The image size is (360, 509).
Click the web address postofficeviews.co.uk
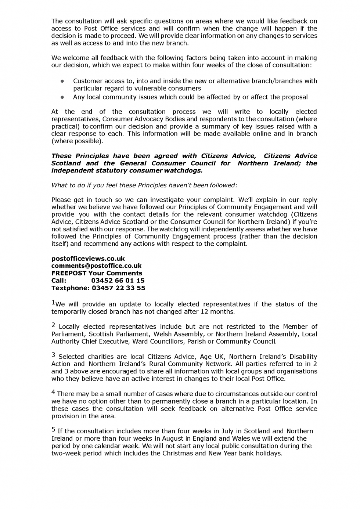pos(88,259)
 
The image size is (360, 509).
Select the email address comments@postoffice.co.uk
pos(96,266)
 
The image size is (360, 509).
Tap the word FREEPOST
pos(69,273)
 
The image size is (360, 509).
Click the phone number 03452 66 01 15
pos(118,281)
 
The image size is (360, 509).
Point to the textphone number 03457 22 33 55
pos(119,288)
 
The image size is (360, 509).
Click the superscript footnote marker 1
pos(53,303)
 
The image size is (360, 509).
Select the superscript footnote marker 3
pos(53,355)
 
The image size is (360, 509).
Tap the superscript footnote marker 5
pos(53,429)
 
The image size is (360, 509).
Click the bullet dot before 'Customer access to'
pos(62,81)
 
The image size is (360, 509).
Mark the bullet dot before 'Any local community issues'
pos(62,97)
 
